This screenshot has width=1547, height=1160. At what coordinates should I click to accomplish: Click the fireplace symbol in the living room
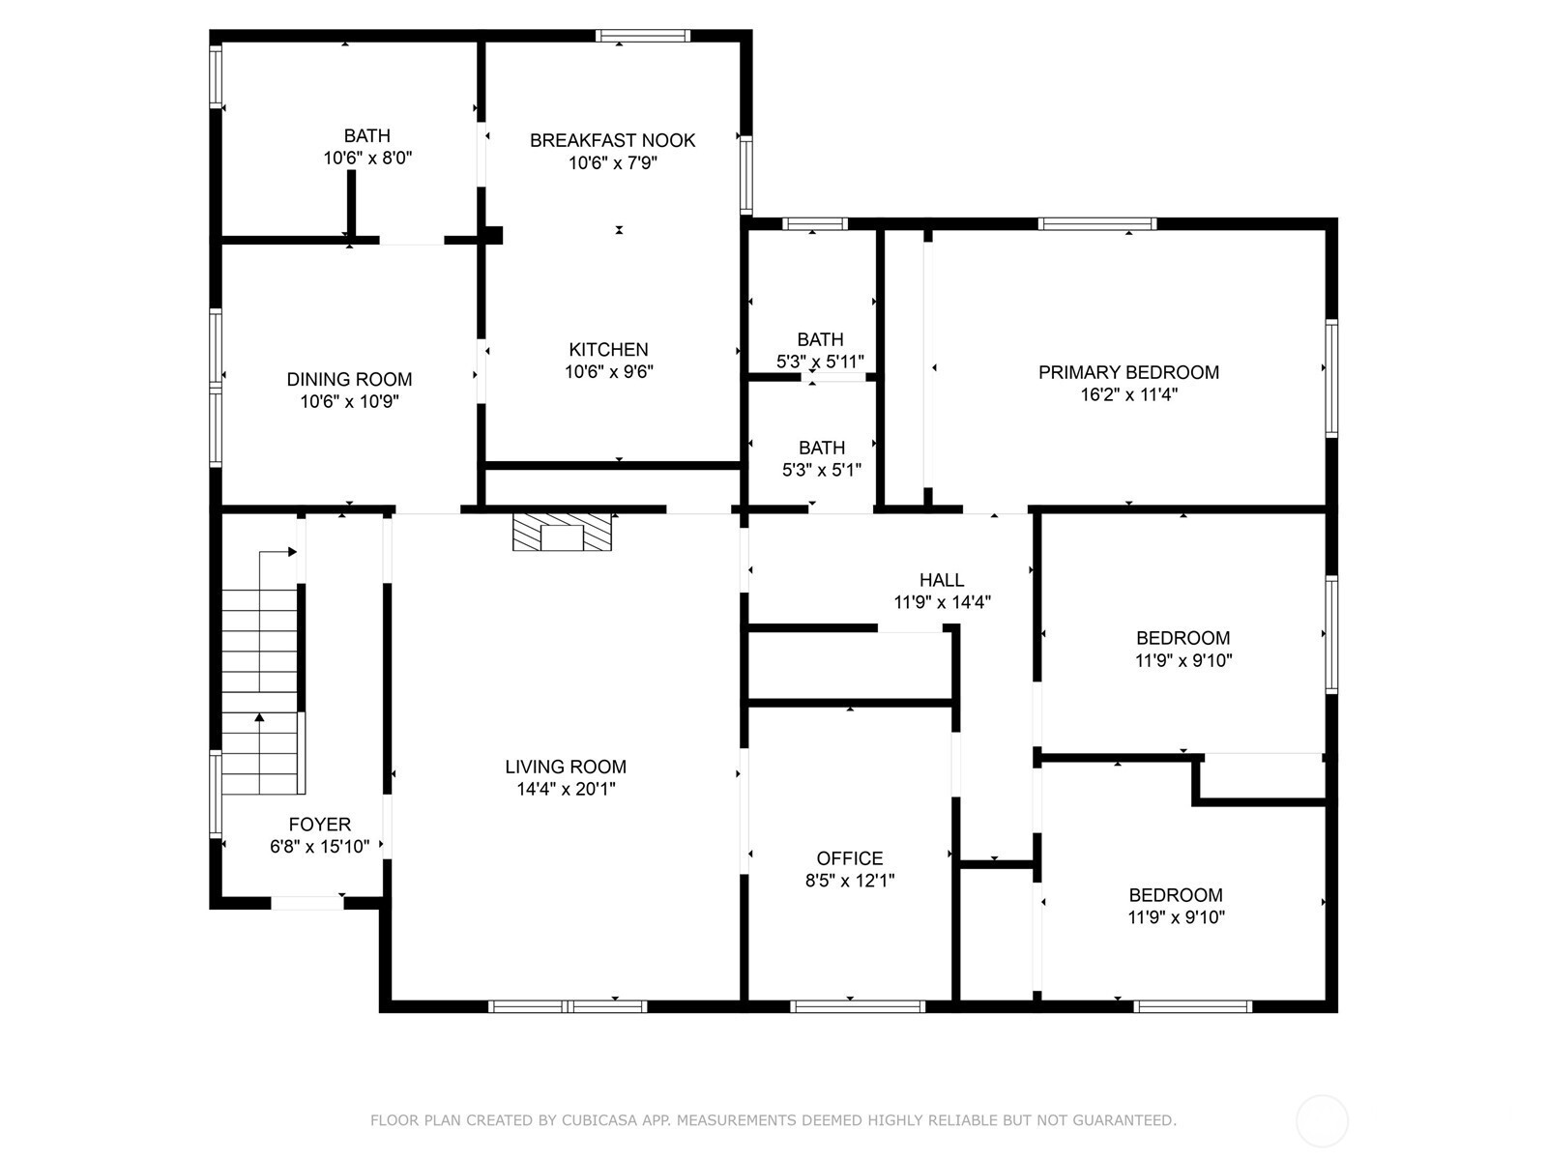click(x=562, y=532)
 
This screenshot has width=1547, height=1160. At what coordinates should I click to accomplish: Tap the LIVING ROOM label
click(x=566, y=767)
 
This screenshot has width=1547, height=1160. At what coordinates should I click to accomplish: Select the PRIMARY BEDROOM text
click(x=1128, y=372)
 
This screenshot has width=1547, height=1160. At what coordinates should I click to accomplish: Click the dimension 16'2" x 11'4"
click(x=1129, y=394)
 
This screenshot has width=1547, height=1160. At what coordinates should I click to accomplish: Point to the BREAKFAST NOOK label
click(x=612, y=140)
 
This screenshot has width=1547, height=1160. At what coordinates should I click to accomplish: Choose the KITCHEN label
click(x=608, y=349)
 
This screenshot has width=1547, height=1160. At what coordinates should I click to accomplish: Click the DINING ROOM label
click(x=349, y=379)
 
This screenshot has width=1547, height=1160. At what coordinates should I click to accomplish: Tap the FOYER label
click(x=319, y=824)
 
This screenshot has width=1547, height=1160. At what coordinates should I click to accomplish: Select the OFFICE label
click(x=849, y=857)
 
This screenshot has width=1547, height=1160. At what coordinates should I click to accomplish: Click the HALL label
click(x=942, y=580)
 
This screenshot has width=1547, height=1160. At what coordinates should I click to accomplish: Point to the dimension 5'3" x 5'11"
click(x=820, y=362)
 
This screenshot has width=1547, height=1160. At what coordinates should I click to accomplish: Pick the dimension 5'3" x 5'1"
click(x=822, y=470)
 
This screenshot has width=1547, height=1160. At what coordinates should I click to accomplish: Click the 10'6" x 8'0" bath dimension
click(x=367, y=158)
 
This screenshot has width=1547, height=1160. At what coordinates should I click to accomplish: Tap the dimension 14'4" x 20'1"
click(x=566, y=789)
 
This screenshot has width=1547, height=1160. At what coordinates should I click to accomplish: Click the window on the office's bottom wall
click(x=857, y=1006)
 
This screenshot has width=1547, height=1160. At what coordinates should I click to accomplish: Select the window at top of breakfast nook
click(x=643, y=36)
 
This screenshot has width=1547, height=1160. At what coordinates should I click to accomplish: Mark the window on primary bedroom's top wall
click(x=1096, y=224)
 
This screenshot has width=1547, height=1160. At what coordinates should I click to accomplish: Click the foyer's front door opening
click(x=307, y=903)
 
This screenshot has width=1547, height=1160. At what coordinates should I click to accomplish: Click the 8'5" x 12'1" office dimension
click(x=850, y=881)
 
